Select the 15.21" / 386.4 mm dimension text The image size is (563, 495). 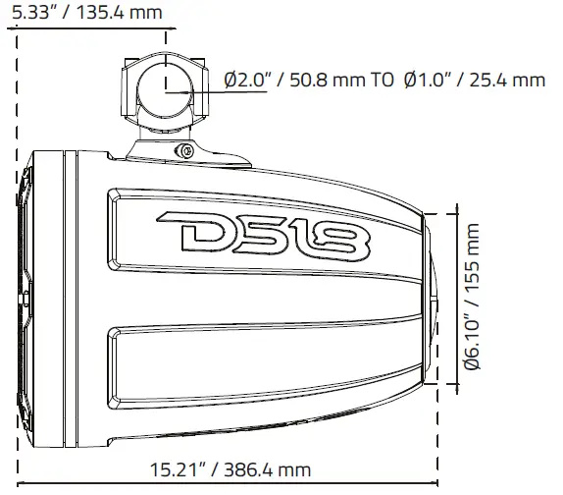232,471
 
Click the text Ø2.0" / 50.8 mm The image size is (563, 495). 293,81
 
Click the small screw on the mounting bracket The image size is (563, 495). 182,150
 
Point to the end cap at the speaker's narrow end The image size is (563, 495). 434,296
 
